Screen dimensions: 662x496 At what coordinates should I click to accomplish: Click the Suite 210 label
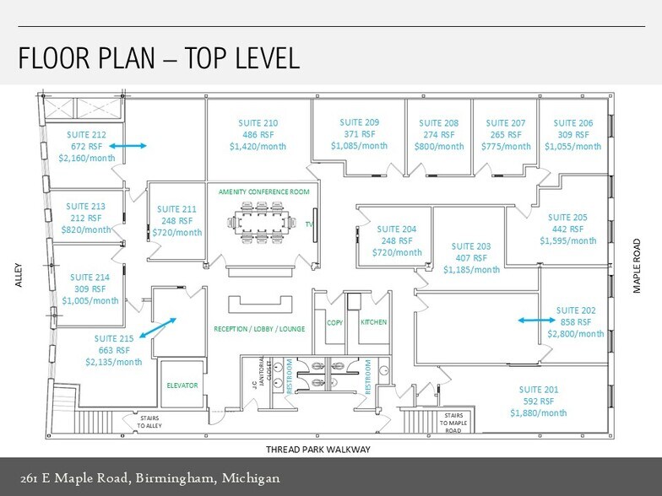coord(258,123)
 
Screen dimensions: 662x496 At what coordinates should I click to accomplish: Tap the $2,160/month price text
coord(86,159)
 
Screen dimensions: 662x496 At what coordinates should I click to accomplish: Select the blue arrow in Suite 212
coord(128,146)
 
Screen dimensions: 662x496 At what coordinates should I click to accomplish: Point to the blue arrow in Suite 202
coord(537,321)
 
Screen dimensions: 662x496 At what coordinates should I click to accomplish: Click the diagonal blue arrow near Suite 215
coord(157,327)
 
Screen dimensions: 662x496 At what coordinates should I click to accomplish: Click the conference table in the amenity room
coord(258,223)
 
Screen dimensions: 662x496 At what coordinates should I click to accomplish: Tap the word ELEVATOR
coord(182,385)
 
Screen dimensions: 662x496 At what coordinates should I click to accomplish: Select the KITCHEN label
coord(373,322)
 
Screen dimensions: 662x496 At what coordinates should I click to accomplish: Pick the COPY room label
coord(334,322)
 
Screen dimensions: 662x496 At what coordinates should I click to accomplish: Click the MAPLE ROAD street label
coord(637,266)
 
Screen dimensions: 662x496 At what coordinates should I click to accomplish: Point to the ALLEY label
coord(19,275)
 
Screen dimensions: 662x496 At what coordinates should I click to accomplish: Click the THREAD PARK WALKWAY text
coord(317,450)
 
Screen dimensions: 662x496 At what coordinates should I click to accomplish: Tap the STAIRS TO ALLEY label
coord(149,422)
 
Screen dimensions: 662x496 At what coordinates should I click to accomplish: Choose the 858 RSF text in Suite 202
coord(576,322)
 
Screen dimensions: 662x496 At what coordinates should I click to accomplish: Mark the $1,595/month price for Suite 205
coord(567,241)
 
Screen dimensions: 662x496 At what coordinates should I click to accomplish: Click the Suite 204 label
coord(397,229)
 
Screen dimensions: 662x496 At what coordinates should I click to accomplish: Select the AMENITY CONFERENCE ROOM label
coord(263,192)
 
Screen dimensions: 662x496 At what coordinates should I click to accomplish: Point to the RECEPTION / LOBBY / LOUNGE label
coord(259,329)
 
